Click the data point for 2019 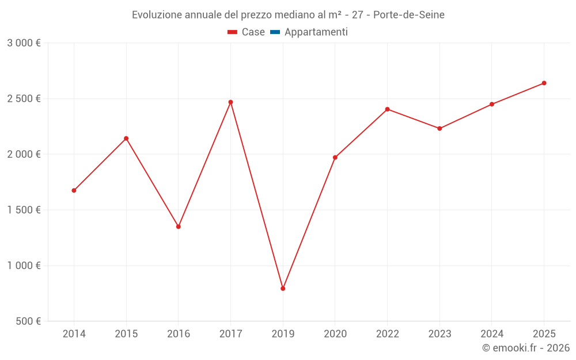click(283, 289)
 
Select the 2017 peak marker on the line click(230, 102)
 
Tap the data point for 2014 click(74, 191)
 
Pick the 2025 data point click(544, 83)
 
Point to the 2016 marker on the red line click(179, 226)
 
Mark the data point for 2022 click(387, 109)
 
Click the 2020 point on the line click(335, 157)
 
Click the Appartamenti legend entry click(316, 32)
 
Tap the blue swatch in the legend click(275, 32)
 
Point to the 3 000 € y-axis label click(24, 43)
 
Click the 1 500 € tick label click(24, 210)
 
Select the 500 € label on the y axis click(28, 321)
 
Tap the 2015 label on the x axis click(126, 334)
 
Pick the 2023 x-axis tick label click(439, 334)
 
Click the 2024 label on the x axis click(491, 334)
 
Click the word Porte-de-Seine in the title click(409, 15)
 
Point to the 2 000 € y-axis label click(24, 154)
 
